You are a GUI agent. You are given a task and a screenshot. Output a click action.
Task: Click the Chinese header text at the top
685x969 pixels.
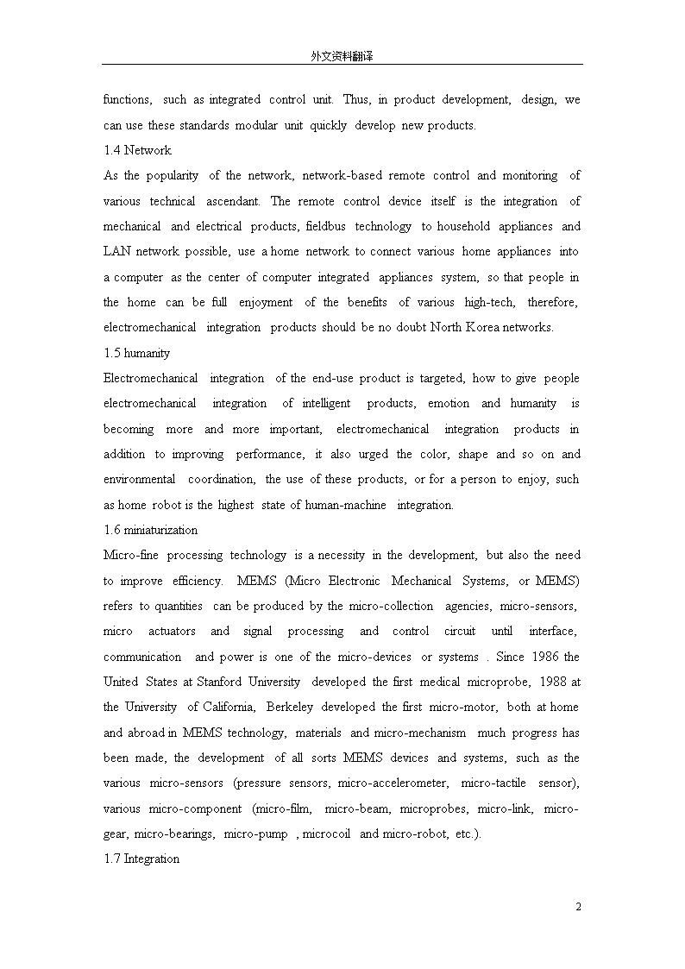(342, 56)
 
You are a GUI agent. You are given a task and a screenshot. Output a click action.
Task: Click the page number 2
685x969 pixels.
(578, 907)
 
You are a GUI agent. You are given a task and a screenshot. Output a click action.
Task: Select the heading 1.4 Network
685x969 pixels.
(137, 150)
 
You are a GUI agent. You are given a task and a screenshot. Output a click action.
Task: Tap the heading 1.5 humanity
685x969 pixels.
(136, 353)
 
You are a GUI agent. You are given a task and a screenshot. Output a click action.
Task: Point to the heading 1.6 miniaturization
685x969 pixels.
(150, 530)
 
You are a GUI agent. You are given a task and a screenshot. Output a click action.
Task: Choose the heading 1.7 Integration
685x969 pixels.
(141, 859)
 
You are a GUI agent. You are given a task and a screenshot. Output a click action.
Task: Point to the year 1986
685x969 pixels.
(544, 657)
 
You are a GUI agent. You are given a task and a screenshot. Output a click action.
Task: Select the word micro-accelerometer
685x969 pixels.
(393, 783)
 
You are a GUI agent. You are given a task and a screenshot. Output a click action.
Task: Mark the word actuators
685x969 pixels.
(172, 631)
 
